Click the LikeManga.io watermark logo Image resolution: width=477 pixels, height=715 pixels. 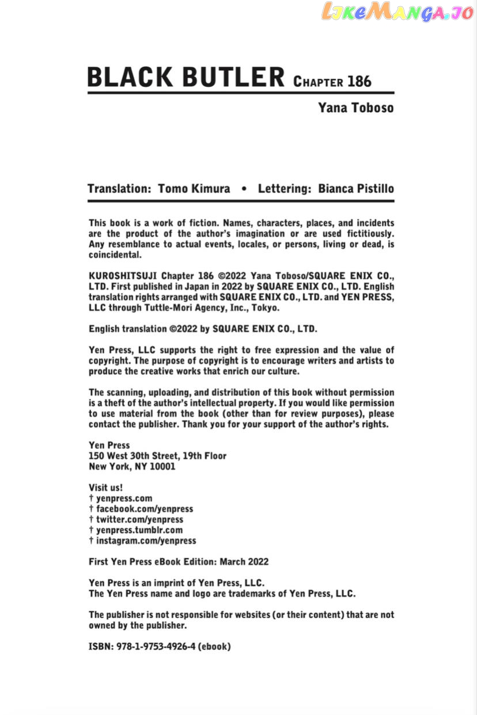tap(397, 12)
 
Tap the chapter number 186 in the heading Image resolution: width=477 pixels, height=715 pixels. tap(359, 81)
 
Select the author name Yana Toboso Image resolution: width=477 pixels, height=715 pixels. tap(356, 108)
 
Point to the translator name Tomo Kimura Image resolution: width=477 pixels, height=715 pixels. tap(194, 189)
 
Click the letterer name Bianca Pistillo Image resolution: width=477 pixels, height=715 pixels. tap(356, 189)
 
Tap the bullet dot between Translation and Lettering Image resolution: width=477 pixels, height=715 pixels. tap(244, 189)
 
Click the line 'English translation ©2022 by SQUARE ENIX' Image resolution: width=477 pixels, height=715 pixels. tap(203, 329)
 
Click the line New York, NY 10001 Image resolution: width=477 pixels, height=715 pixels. tap(132, 466)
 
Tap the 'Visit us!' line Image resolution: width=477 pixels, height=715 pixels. tap(106, 488)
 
